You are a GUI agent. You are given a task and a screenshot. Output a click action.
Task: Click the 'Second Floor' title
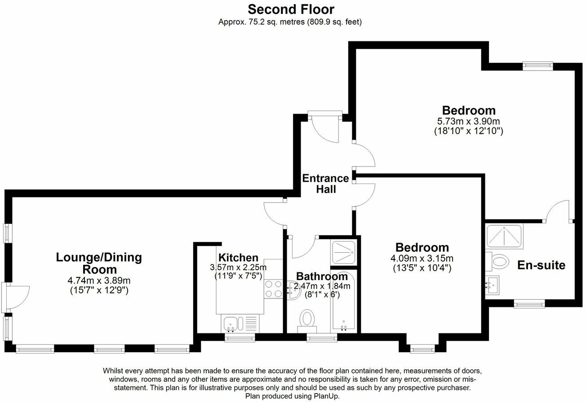[x=291, y=9]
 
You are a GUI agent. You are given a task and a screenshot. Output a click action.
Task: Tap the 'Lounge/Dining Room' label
[x=99, y=263]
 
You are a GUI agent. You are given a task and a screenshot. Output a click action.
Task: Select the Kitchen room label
[x=238, y=258]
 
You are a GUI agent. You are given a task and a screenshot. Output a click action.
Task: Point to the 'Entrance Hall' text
[x=325, y=184]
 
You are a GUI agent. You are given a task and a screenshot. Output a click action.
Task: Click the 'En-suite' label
[x=541, y=265]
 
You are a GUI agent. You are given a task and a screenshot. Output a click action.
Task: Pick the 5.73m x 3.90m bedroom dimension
[x=468, y=122]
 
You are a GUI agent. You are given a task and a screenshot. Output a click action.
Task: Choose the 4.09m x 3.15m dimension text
[x=422, y=258]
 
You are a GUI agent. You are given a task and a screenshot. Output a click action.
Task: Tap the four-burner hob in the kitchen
[x=274, y=289]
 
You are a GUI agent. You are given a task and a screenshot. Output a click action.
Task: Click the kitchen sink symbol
[x=233, y=323]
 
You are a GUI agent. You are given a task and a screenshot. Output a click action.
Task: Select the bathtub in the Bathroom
[x=344, y=302]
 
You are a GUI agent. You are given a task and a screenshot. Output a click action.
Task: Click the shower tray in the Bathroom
[x=344, y=253]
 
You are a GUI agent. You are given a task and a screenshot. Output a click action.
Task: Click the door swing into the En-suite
[x=557, y=212]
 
